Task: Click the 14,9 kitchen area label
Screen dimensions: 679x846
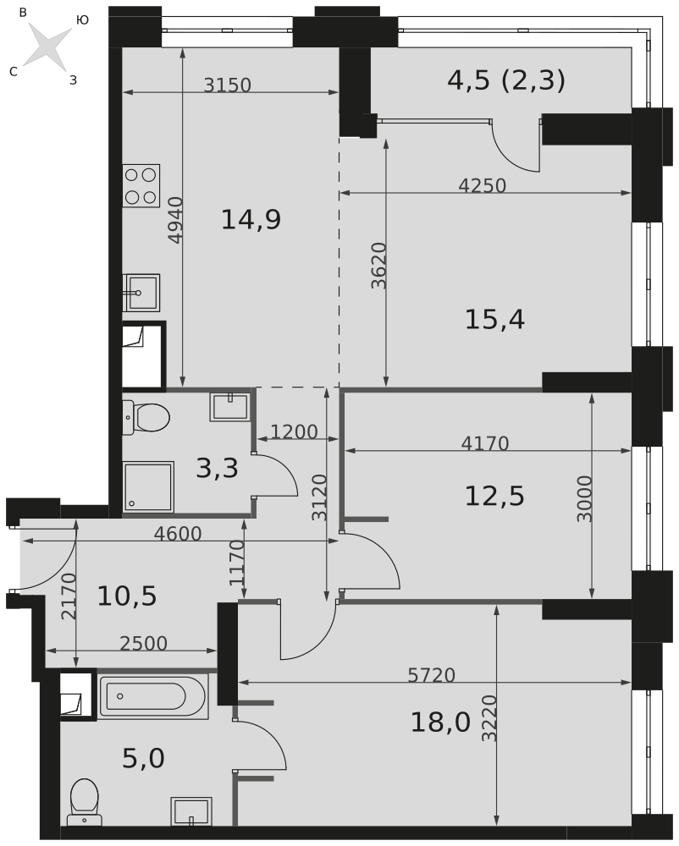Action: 251,220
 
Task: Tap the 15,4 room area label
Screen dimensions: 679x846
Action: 494,320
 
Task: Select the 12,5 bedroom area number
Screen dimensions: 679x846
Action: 494,496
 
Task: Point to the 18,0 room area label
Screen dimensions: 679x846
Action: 440,722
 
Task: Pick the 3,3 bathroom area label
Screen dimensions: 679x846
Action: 217,469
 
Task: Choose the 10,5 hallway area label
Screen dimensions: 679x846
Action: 127,596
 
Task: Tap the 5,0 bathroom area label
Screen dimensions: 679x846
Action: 144,759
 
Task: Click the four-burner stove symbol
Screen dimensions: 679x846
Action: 141,185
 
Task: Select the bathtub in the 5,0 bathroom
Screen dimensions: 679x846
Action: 153,696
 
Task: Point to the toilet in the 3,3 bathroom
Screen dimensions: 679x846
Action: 146,417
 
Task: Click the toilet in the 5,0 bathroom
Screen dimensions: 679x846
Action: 84,802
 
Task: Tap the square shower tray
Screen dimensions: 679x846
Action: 148,486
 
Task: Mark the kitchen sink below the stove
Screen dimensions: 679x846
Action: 141,293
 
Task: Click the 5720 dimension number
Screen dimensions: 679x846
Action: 431,675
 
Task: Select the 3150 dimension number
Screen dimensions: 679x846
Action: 227,85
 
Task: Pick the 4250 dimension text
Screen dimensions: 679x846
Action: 482,185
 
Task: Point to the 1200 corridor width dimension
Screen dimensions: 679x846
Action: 294,431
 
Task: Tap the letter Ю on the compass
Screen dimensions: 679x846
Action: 83,20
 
